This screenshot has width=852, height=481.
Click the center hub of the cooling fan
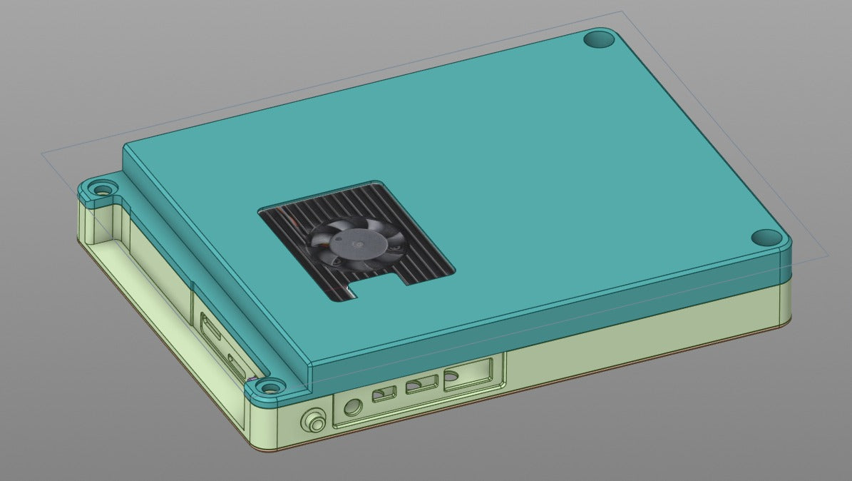point(356,243)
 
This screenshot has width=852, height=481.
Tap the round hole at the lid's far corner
point(599,39)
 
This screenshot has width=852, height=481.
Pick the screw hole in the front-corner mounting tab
point(269,388)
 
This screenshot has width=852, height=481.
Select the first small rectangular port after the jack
point(384,393)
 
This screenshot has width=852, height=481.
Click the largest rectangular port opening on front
point(467,375)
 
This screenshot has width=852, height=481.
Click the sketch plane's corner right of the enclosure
point(828,255)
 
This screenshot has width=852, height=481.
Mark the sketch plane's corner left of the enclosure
point(43,153)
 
